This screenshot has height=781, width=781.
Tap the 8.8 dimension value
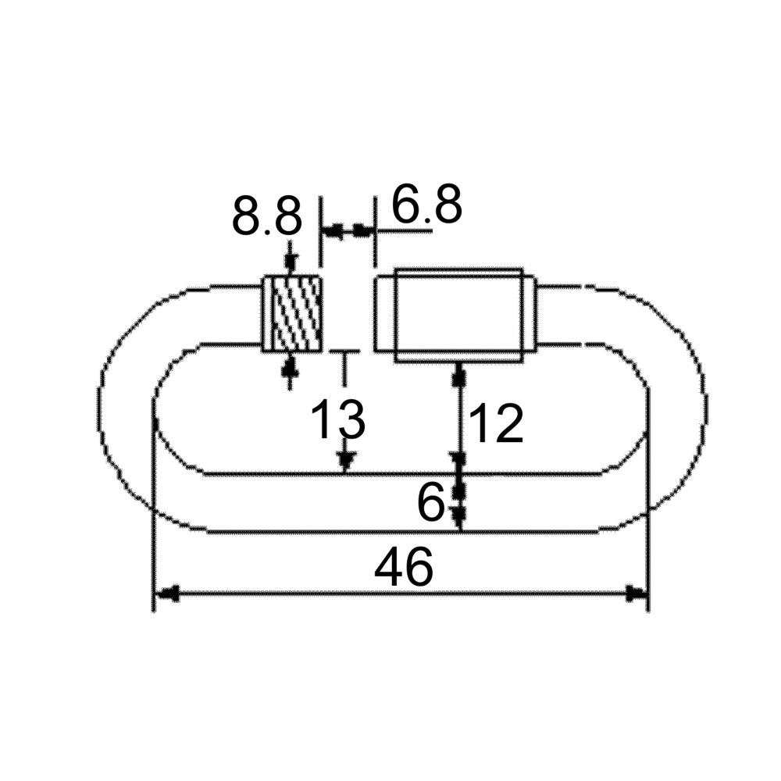pos(267,216)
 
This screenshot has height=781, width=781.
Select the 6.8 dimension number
pos(427,203)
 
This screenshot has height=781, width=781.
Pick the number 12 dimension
pos(497,423)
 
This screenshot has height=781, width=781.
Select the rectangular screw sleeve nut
pos(458,316)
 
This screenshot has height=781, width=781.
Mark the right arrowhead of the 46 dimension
pos(637,593)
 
